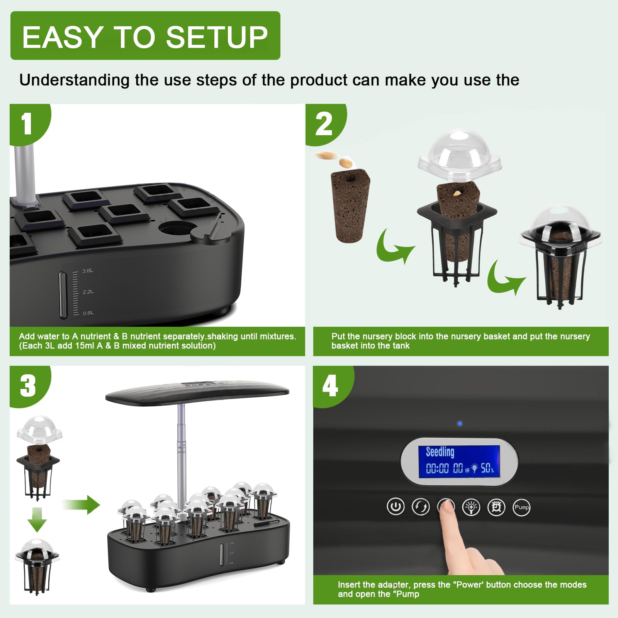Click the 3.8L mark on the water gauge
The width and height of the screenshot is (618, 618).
(x=88, y=271)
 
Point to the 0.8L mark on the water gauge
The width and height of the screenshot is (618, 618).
(x=88, y=313)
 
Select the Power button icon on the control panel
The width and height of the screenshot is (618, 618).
(x=396, y=507)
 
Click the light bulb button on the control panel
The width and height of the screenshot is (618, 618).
(x=471, y=507)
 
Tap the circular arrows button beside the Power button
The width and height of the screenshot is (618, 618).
(x=421, y=507)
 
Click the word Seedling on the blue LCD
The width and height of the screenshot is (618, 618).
(x=440, y=452)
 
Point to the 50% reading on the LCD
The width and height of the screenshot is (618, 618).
(x=487, y=469)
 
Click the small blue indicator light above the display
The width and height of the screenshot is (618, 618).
(x=460, y=424)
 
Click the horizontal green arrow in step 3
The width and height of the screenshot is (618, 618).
(x=81, y=504)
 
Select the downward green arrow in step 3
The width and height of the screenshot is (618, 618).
(x=37, y=520)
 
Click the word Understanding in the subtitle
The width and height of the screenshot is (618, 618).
(x=75, y=80)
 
